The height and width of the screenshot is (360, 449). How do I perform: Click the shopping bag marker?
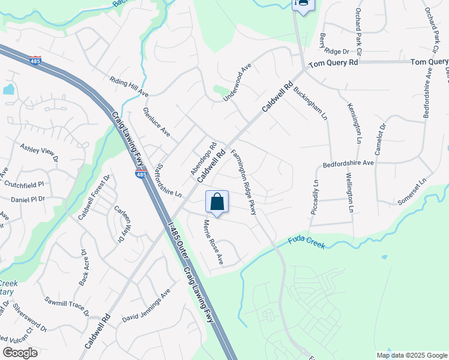click(217, 202)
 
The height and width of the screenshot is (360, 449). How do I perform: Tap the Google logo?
click(20, 353)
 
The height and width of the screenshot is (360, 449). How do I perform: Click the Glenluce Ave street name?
click(157, 122)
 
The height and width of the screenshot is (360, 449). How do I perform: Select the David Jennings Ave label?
click(146, 304)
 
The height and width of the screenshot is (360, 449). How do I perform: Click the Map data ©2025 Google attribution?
click(412, 355)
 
